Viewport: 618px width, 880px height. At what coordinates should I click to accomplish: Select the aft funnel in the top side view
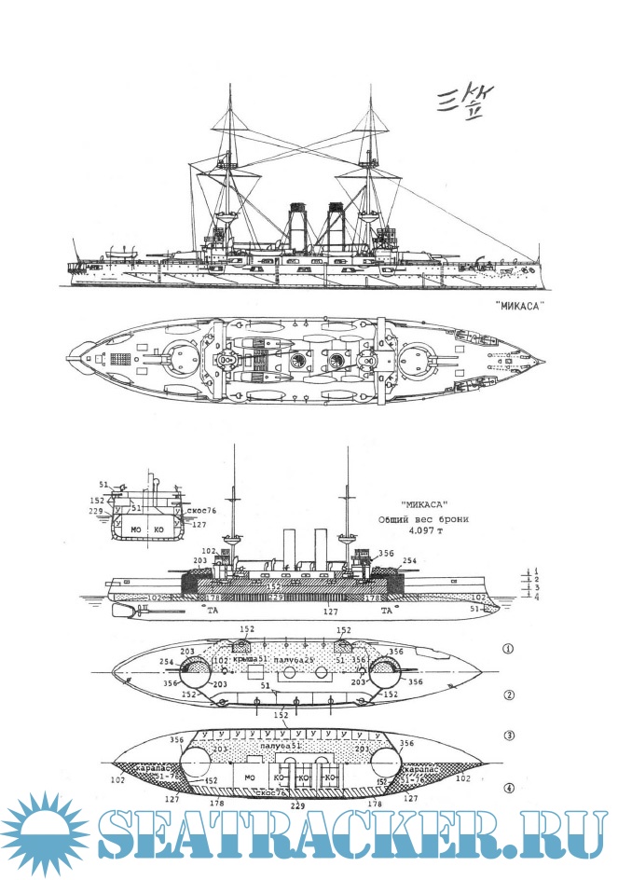[x=334, y=224]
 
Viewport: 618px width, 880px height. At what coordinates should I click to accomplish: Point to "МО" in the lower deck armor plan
[x=250, y=777]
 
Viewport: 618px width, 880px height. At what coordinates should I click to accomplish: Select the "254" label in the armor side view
[x=409, y=562]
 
